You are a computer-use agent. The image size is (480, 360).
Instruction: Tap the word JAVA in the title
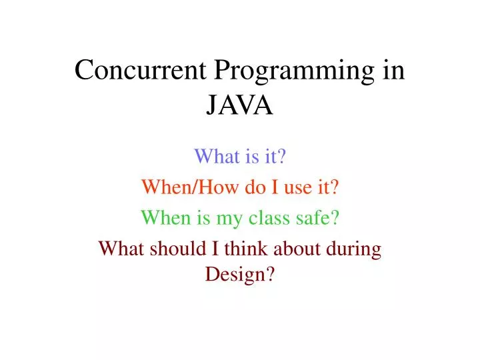pos(240,105)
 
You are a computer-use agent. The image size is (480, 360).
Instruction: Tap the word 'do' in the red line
pos(236,187)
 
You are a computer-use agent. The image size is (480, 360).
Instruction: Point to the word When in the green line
pos(163,217)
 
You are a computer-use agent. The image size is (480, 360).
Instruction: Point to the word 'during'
pos(355,249)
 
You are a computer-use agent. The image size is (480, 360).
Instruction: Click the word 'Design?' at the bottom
pos(240,274)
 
